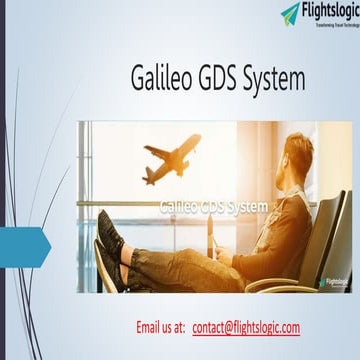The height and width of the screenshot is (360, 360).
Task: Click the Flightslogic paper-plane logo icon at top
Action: tap(290, 12)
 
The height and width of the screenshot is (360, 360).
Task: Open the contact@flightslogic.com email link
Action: tap(246, 299)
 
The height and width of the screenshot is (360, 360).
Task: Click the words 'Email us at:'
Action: tap(160, 299)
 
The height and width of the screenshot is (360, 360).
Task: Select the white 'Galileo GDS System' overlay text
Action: tap(213, 206)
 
